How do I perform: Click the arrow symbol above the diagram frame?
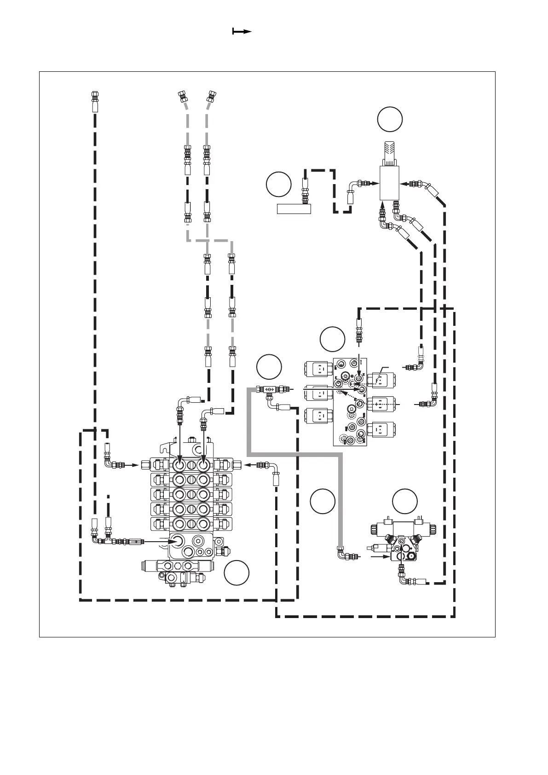(x=242, y=31)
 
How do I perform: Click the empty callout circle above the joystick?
(x=390, y=119)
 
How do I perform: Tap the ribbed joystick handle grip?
(x=389, y=153)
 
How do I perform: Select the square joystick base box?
(x=390, y=183)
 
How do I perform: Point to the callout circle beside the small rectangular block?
(x=278, y=183)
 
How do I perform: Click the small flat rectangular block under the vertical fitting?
(x=294, y=209)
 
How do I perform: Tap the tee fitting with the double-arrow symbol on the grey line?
(x=269, y=389)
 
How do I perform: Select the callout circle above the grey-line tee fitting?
(x=269, y=366)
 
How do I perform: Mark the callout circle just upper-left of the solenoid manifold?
(x=332, y=339)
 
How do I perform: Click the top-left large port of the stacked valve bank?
(x=179, y=464)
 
